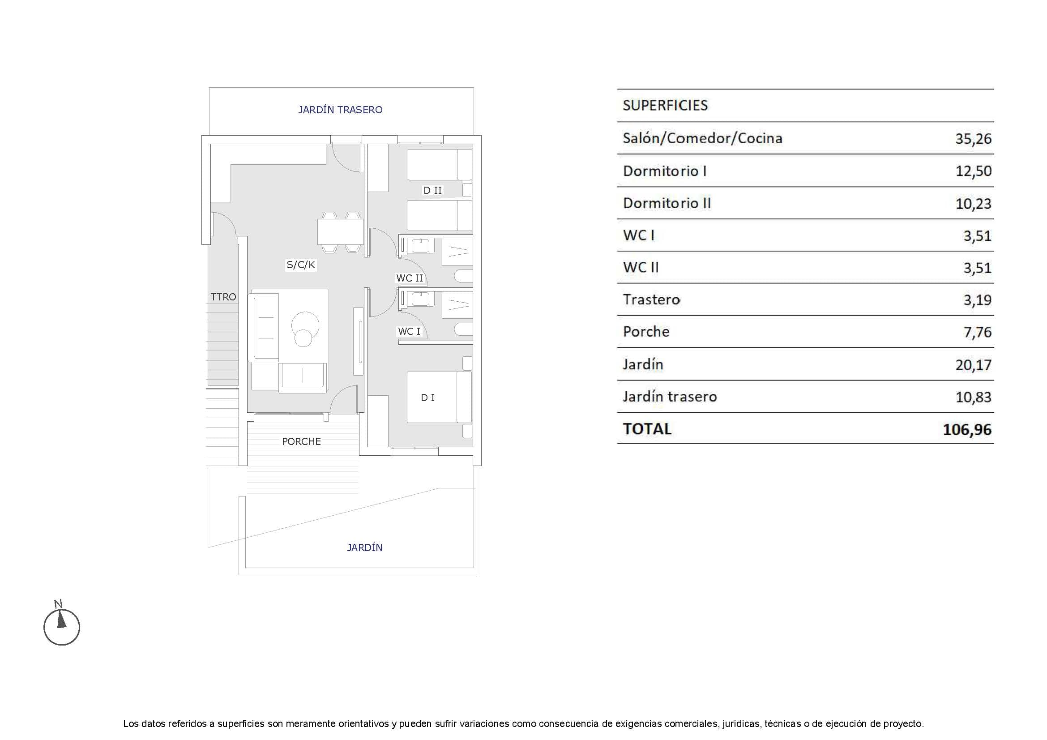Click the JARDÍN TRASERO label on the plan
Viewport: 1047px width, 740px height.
[x=340, y=110]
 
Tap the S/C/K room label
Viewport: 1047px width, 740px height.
[x=301, y=265]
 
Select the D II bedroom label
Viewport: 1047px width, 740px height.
[x=432, y=191]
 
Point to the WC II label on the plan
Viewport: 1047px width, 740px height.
[x=409, y=278]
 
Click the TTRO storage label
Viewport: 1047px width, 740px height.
[x=223, y=297]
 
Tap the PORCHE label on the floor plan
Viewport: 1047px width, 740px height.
[x=301, y=441]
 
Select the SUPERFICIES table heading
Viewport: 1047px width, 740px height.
[x=665, y=106]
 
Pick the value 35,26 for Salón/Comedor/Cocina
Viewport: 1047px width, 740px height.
[x=973, y=139]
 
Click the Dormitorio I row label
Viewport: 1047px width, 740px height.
[x=664, y=171]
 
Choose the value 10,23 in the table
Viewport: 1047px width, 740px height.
[x=973, y=203]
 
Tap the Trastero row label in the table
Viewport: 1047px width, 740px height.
[x=651, y=299]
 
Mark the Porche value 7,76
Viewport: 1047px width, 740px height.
[x=977, y=332]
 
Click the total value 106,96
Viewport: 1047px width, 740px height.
[x=967, y=429]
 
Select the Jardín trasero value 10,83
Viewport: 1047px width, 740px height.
[x=973, y=397]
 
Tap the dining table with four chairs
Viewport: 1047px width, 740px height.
[x=340, y=232]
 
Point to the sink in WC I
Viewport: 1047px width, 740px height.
[x=419, y=299]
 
